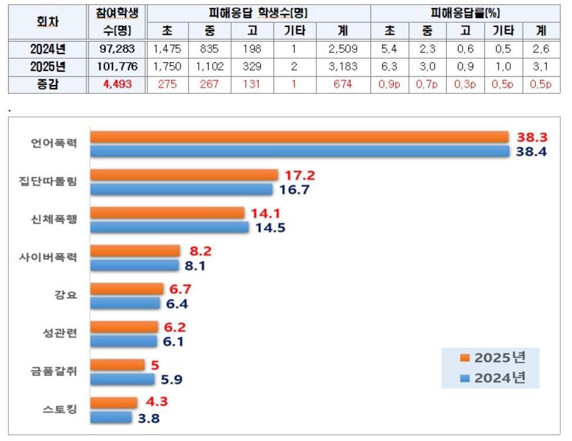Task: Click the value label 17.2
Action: click(301, 175)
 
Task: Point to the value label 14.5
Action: click(270, 228)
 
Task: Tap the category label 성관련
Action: click(61, 333)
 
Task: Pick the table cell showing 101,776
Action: click(117, 66)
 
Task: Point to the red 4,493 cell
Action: click(117, 84)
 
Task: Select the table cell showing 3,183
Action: click(343, 66)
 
